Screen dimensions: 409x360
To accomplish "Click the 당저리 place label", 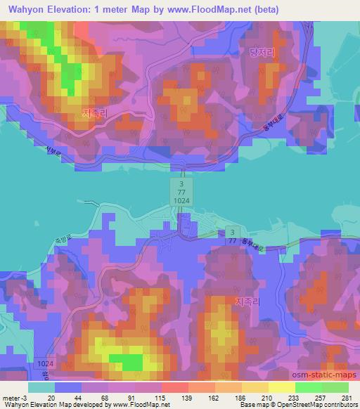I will [261, 52].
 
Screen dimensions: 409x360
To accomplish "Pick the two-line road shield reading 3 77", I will [231, 235].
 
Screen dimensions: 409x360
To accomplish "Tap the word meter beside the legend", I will [10, 398].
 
